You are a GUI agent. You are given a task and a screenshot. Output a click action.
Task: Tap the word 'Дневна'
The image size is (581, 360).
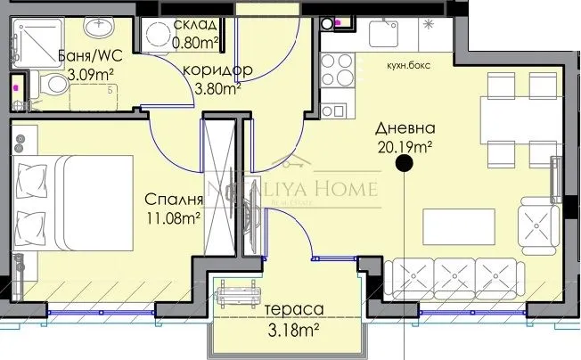tap(403, 127)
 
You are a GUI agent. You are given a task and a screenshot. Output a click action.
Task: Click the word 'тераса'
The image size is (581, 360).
tap(292, 309)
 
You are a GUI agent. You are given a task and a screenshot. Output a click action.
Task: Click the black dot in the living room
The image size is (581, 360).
tap(404, 163)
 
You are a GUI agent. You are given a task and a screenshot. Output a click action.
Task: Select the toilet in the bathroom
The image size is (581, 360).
tap(55, 86)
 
